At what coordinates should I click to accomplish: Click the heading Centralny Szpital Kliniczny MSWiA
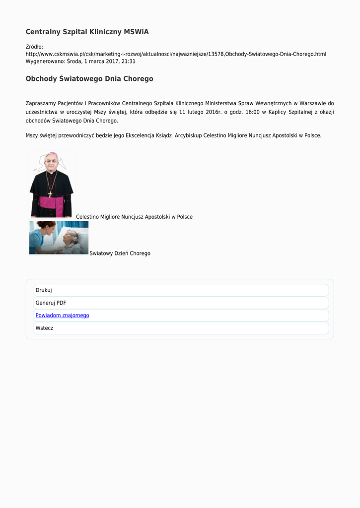point(87,32)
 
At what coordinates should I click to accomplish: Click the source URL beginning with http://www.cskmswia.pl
point(176,54)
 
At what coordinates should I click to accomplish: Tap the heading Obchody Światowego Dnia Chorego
point(89,79)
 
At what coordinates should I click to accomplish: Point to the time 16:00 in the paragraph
point(252,112)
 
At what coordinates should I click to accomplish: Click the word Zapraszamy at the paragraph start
point(42,103)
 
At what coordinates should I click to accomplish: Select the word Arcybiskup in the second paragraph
point(188,135)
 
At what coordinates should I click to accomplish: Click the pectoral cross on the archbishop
point(50,194)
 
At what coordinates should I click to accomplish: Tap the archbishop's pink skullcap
point(51,154)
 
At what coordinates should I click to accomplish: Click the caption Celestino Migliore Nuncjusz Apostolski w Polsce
point(134,217)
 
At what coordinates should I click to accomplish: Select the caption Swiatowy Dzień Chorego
point(120,254)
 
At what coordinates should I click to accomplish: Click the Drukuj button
point(44,290)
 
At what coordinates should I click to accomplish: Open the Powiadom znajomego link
point(62,316)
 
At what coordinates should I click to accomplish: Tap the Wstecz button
point(44,328)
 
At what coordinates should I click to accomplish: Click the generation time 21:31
point(128,62)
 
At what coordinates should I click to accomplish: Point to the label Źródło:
point(34,47)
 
